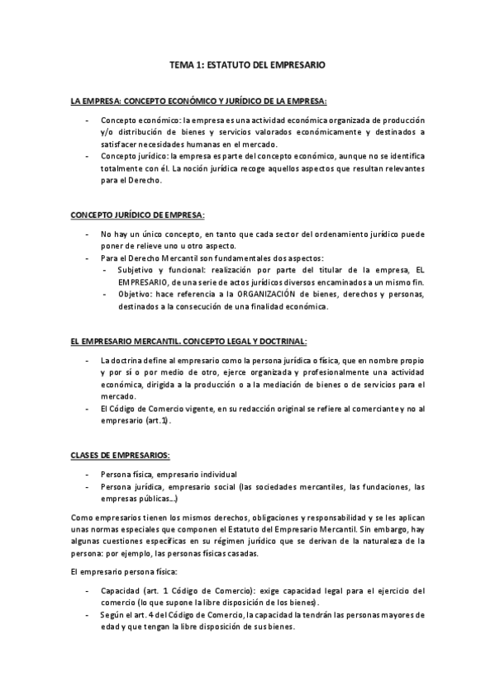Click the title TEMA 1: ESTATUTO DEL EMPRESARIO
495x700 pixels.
tap(248, 64)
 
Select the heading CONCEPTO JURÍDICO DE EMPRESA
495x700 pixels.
tap(137, 215)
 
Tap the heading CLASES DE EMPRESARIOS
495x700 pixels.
tap(121, 455)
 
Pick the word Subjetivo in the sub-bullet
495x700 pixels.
tap(136, 270)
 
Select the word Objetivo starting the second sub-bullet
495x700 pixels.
tap(135, 295)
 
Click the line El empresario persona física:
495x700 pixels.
tap(119, 571)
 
